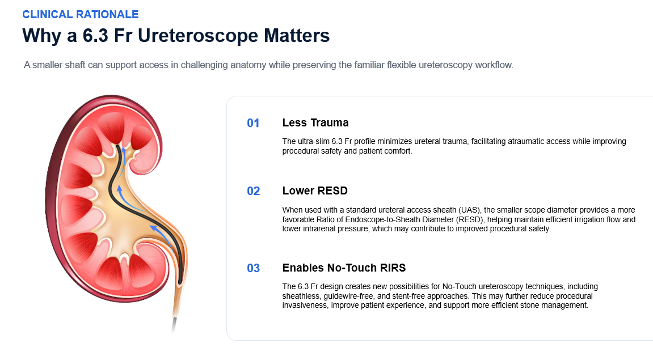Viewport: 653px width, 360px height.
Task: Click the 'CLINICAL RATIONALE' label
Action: pos(81,14)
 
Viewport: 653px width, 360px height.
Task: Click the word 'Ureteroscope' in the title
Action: pos(198,36)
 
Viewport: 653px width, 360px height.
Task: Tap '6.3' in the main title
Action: pos(96,35)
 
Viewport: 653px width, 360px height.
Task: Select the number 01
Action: pos(253,123)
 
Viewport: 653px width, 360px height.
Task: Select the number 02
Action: pos(253,191)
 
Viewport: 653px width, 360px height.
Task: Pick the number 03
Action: pos(253,268)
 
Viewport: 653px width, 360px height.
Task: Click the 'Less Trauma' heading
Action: pos(315,123)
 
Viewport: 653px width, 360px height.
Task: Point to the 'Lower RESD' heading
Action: pos(315,190)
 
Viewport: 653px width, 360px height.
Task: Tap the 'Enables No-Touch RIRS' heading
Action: pos(344,268)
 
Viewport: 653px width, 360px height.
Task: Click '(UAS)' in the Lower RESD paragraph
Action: pos(470,210)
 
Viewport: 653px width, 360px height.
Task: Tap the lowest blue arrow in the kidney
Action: pos(162,237)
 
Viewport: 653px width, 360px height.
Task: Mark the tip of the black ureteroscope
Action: pos(118,146)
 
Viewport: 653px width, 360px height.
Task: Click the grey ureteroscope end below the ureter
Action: pos(174,325)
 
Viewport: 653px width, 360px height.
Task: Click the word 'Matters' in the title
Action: pos(297,36)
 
